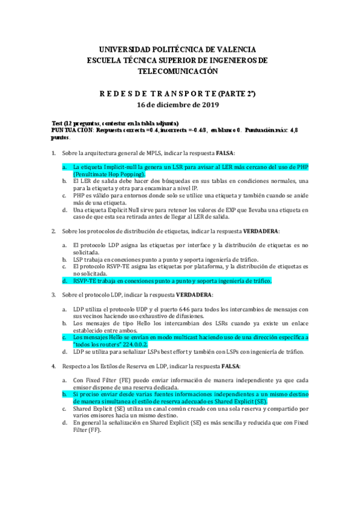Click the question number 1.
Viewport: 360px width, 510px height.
[x=53, y=153]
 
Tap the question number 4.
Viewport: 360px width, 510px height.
[x=53, y=366]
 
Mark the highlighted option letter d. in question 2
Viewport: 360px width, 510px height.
[x=65, y=280]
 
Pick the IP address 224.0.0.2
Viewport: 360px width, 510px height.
[x=148, y=344]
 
